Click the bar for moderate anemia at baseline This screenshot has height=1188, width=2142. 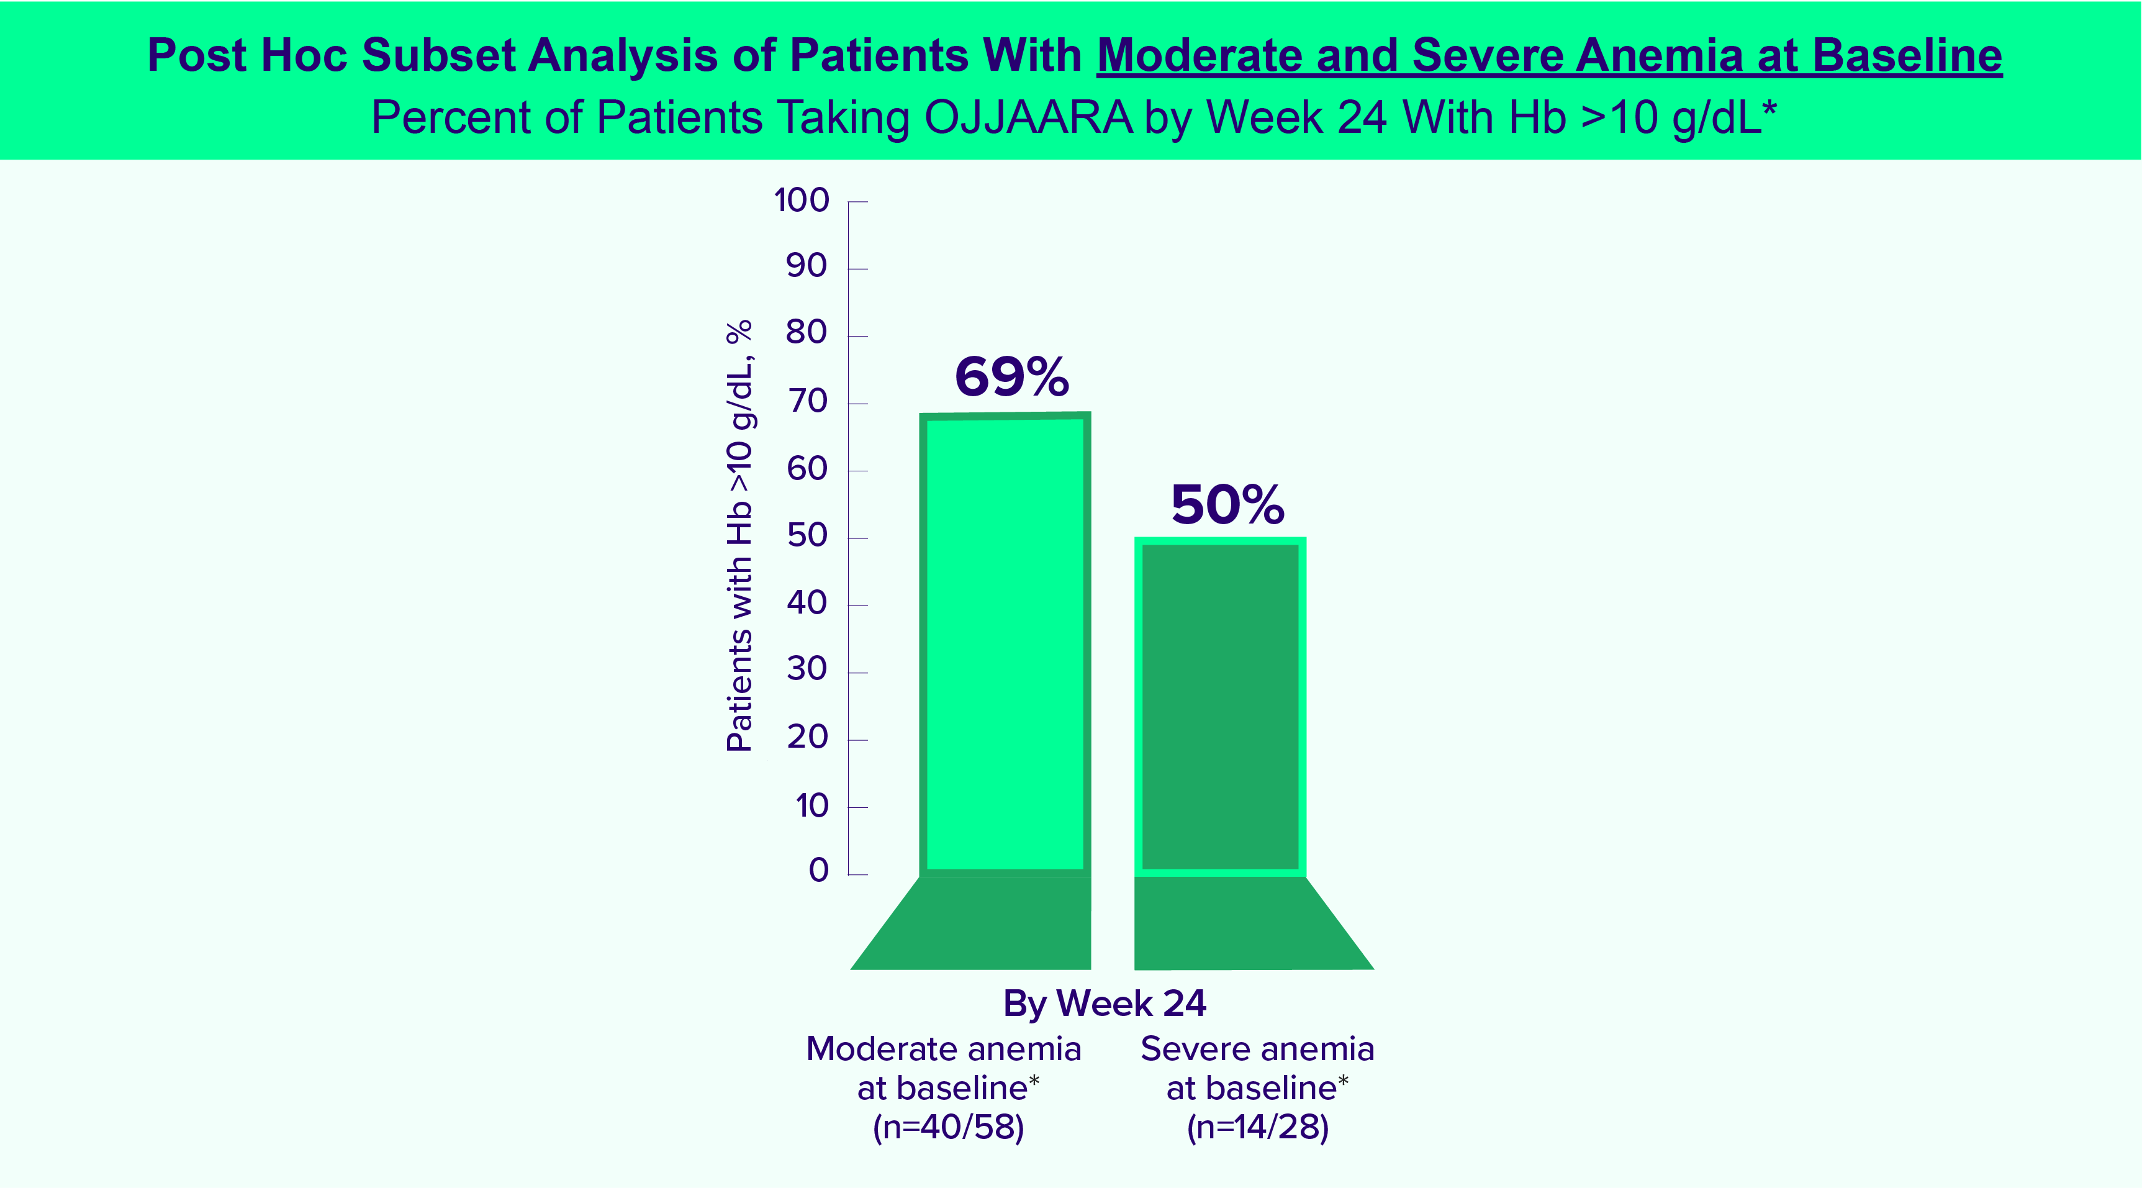[x=1005, y=645]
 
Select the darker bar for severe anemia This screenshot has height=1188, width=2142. [x=1220, y=707]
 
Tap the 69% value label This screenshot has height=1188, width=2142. [x=1011, y=377]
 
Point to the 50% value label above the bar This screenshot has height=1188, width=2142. [x=1227, y=504]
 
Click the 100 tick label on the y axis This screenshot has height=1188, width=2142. [x=802, y=201]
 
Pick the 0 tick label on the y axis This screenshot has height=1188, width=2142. [x=818, y=870]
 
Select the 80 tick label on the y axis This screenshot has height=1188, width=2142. [x=806, y=333]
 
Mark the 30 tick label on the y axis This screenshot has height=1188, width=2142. [x=807, y=669]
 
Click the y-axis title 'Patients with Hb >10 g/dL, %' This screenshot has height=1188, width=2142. [x=739, y=537]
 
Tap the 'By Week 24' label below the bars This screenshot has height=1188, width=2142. [x=1105, y=1004]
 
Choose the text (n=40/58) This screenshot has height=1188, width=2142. [x=948, y=1127]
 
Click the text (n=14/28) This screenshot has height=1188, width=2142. [x=1257, y=1127]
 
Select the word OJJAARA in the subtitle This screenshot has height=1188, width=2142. [x=1028, y=117]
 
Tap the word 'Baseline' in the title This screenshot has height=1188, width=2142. [x=1907, y=56]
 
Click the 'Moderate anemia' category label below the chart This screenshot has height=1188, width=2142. [x=944, y=1049]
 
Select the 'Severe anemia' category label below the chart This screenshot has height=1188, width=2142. [x=1257, y=1049]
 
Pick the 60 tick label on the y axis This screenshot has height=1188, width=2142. [x=807, y=469]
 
